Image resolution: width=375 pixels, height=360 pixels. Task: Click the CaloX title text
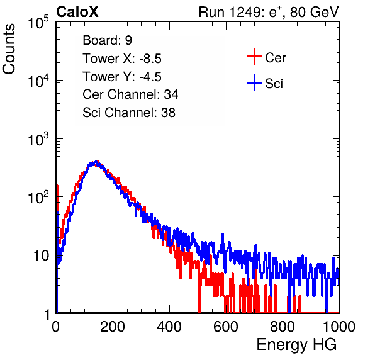77,12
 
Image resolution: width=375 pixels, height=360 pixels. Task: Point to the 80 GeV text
314,12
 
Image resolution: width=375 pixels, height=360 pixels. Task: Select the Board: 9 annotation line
107,40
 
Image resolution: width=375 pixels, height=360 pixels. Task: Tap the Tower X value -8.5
150,59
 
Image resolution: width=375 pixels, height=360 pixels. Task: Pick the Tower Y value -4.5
150,77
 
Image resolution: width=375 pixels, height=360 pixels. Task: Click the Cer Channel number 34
171,94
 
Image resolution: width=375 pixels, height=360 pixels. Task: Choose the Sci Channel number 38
168,113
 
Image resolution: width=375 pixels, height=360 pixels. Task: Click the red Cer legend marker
254,57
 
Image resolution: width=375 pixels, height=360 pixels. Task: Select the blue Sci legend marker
254,83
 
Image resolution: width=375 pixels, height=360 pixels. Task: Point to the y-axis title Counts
9,48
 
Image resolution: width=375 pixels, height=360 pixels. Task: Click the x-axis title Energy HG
296,345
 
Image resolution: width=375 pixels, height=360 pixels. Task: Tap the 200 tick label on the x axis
113,327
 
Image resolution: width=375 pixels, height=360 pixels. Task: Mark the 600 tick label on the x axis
226,327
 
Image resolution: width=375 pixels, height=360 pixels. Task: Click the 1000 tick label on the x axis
339,327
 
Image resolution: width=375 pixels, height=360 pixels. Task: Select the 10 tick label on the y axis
41,256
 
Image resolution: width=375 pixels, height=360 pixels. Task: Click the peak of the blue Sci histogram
96,162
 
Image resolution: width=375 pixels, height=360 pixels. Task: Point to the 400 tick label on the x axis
169,327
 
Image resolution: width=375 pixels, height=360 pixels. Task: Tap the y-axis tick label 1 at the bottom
46,314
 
